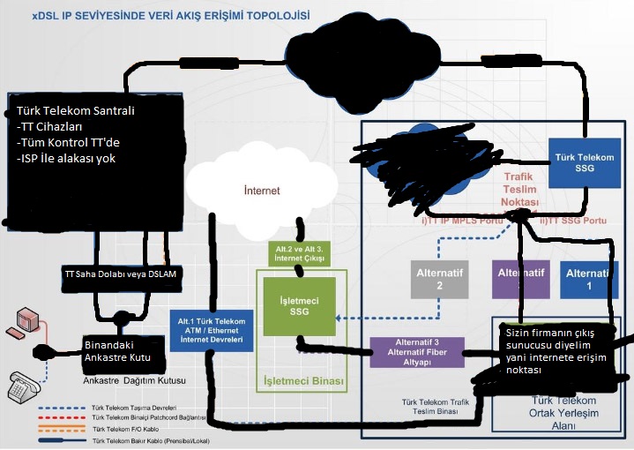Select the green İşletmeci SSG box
tap(299, 305)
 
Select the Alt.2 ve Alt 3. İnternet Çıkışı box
tap(295, 253)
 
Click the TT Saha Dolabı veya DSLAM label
tap(121, 274)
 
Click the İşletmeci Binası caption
tap(303, 381)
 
